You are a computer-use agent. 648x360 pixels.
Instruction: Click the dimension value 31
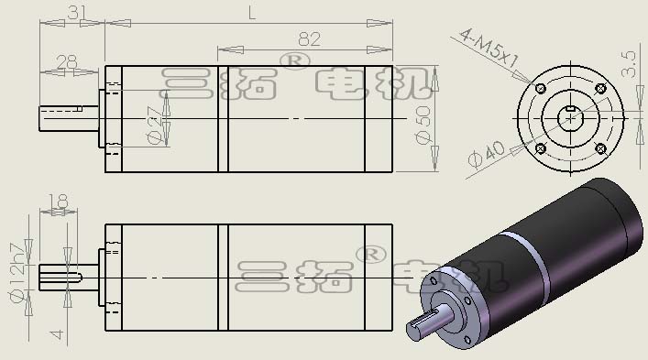click(x=77, y=13)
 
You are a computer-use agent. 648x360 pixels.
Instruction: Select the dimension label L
click(x=252, y=14)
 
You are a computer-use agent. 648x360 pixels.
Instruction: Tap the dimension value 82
click(x=309, y=39)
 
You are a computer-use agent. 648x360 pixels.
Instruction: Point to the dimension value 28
click(x=67, y=62)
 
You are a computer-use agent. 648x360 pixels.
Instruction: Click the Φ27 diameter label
click(x=156, y=125)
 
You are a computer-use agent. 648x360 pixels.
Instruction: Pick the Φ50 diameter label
click(x=423, y=125)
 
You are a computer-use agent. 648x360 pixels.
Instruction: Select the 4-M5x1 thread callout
click(x=489, y=48)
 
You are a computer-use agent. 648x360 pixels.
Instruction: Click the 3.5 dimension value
click(x=628, y=64)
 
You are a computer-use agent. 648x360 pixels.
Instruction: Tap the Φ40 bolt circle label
click(x=487, y=155)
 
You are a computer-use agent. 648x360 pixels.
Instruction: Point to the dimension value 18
click(x=59, y=202)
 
